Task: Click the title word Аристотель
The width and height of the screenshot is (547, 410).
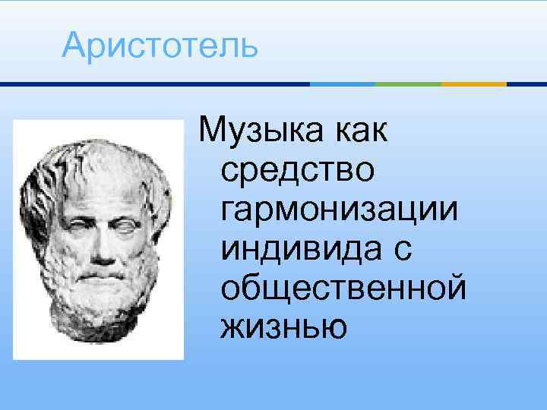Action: (x=160, y=45)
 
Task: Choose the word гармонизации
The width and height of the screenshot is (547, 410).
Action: (x=339, y=207)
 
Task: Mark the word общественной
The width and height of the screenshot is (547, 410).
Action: (x=343, y=287)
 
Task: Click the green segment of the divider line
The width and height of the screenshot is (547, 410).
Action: (x=409, y=84)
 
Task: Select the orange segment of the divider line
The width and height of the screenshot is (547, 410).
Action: (x=474, y=84)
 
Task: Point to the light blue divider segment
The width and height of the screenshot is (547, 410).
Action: (x=343, y=84)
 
